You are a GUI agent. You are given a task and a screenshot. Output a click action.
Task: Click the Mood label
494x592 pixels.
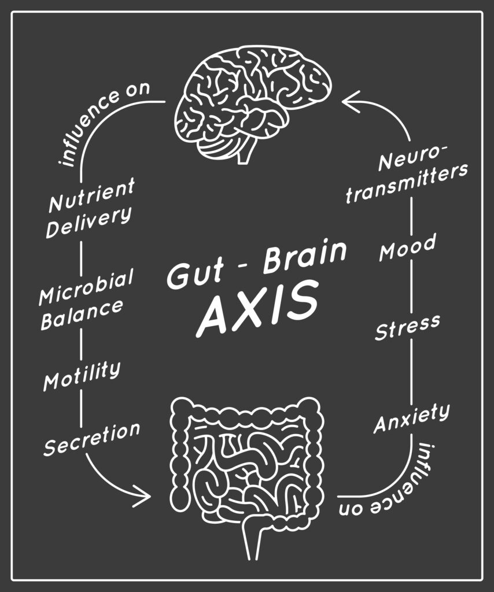coord(408,247)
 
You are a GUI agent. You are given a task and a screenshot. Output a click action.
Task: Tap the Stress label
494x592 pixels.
coord(408,327)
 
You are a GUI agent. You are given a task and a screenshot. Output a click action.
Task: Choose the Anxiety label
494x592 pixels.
coord(412,419)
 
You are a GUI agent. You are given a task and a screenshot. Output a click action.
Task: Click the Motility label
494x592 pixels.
coord(82,375)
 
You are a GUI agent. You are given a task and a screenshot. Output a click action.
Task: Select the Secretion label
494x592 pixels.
coord(92,439)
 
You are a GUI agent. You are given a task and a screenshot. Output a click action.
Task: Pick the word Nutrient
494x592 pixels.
coord(91,195)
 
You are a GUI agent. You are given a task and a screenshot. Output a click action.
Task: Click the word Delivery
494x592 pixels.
coord(89,223)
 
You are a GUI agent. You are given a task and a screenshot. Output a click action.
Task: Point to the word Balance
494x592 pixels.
coord(82,314)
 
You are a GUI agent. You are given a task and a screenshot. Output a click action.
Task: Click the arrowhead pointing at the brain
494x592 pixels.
coord(350,102)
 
